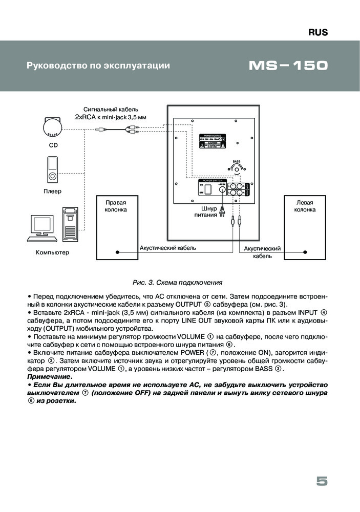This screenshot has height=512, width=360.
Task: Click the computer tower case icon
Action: [70, 224]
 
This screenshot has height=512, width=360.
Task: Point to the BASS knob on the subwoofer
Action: [236, 170]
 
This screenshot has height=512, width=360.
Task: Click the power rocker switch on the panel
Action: [208, 189]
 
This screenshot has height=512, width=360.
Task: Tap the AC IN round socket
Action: [223, 189]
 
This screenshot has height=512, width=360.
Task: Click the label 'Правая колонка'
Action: [116, 206]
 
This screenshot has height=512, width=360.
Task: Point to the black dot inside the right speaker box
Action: [118, 252]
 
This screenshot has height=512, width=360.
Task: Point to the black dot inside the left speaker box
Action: [306, 252]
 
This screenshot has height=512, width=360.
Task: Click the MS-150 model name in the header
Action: [288, 66]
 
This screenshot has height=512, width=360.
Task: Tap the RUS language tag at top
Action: [317, 32]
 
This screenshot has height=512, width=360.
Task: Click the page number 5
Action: [322, 481]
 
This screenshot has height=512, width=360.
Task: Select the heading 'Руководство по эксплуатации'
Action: [97, 66]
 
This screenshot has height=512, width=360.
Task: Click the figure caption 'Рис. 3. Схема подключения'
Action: [177, 282]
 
